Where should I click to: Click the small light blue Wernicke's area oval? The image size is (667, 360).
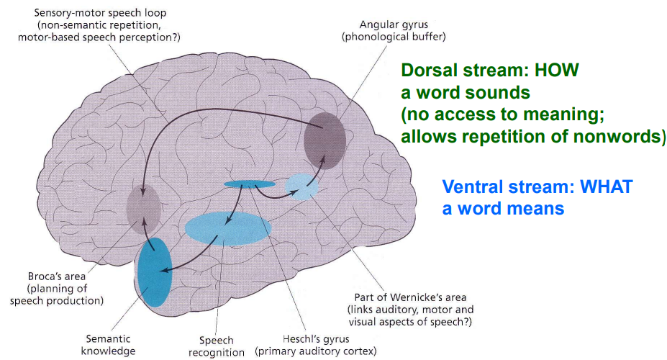[301, 186]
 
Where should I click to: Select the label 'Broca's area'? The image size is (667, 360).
[55, 276]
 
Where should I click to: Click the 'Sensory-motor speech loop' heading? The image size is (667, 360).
[92, 13]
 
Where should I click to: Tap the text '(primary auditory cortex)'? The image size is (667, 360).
[316, 352]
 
